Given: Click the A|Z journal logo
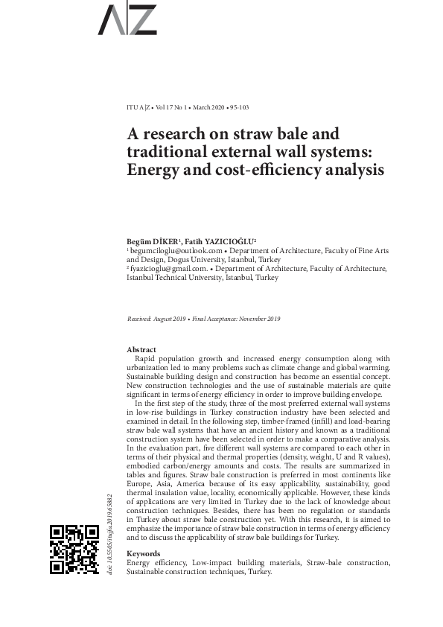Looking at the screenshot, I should click(x=127, y=19).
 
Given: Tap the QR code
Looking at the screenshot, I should click(x=74, y=549).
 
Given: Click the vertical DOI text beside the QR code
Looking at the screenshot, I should click(x=109, y=533).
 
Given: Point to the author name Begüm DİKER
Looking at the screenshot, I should click(x=152, y=243).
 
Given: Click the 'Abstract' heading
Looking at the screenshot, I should click(x=141, y=349).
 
